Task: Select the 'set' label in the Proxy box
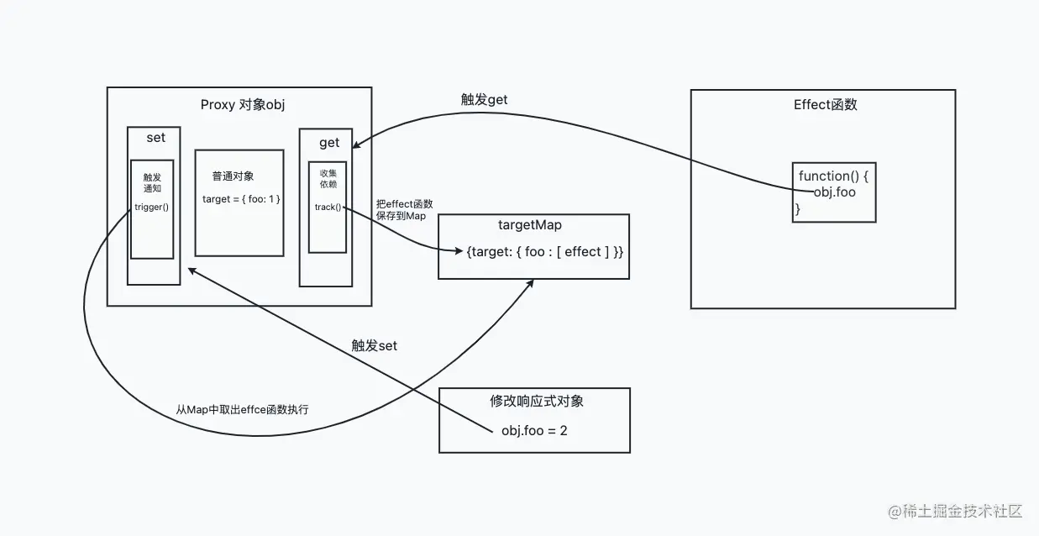coord(155,138)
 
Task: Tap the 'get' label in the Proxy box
coord(328,143)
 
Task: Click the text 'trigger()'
coord(152,207)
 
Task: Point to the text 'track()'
coord(328,207)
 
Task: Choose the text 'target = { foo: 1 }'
coord(240,199)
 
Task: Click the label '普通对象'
coord(233,176)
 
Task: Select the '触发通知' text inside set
coord(152,183)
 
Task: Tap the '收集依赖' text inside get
coord(328,179)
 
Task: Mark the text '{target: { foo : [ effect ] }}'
coord(545,252)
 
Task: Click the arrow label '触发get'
coord(484,100)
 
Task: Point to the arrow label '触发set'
coord(374,345)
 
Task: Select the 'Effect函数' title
coord(825,105)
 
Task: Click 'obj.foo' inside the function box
coord(834,192)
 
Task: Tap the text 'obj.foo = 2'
coord(534,431)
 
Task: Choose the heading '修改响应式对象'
coord(536,401)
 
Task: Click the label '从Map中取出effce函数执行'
coord(242,410)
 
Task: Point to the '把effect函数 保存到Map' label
coord(405,210)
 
